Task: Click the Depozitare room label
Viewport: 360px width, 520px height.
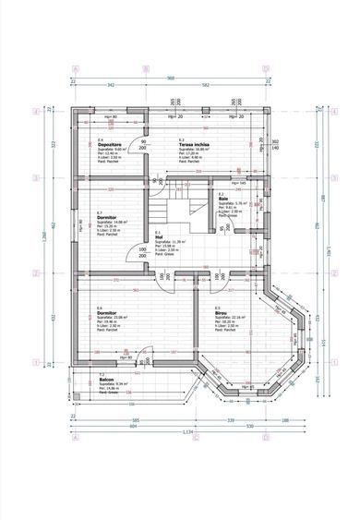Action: pyautogui.click(x=111, y=145)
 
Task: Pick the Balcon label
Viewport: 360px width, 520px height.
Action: pyautogui.click(x=106, y=380)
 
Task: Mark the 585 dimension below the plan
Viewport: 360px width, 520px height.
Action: pyautogui.click(x=122, y=417)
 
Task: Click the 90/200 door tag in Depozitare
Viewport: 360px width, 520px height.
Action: pyautogui.click(x=143, y=145)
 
